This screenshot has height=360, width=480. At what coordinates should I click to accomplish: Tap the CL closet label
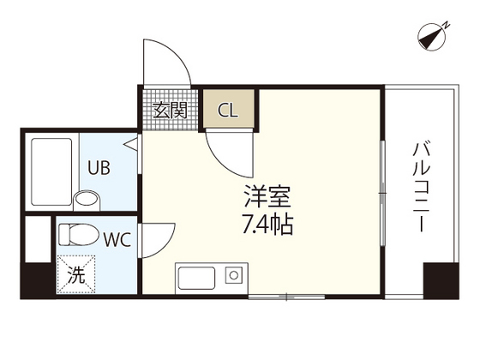pyautogui.click(x=228, y=110)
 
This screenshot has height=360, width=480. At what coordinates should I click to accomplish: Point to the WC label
pyautogui.click(x=117, y=237)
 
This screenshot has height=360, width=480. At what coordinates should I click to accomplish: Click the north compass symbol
pyautogui.click(x=435, y=37)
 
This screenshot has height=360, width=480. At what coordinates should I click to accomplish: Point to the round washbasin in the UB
pyautogui.click(x=87, y=201)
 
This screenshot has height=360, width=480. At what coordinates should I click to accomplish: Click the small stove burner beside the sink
pyautogui.click(x=231, y=275)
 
